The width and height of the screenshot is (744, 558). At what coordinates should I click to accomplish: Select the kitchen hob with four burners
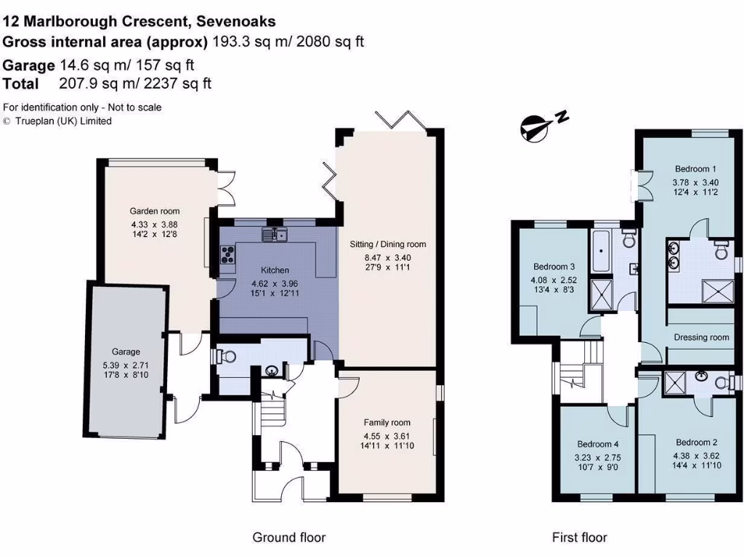click(x=227, y=255)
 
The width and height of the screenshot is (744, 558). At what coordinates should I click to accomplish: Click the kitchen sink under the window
click(x=275, y=234)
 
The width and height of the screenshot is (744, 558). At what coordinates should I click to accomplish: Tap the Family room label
click(x=387, y=422)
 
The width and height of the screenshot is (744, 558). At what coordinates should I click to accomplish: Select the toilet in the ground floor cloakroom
click(x=227, y=355)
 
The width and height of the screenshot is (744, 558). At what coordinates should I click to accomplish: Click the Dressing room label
click(x=701, y=337)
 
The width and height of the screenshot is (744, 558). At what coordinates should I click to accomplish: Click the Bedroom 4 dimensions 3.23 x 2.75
click(x=599, y=458)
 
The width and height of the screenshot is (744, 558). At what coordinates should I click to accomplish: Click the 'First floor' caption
click(x=579, y=538)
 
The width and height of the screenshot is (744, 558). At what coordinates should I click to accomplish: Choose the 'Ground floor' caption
click(x=288, y=538)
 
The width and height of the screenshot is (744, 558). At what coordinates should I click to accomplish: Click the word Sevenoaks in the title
click(x=241, y=23)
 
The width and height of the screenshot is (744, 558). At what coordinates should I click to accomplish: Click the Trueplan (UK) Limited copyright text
click(x=62, y=121)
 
